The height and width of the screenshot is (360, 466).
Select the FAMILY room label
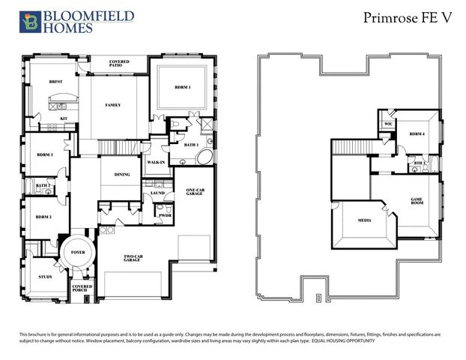click(x=112, y=105)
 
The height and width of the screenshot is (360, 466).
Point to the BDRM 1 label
click(x=183, y=88)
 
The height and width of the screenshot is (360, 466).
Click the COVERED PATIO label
click(x=119, y=64)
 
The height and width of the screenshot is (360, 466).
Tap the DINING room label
click(x=122, y=175)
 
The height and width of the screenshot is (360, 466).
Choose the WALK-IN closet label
click(x=156, y=162)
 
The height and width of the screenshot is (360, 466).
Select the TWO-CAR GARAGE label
click(x=135, y=259)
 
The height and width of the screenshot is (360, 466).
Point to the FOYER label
click(x=78, y=253)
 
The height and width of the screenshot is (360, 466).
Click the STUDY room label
click(x=45, y=277)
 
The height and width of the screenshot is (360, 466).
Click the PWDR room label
click(x=164, y=215)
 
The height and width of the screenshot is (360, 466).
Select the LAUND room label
click(x=157, y=193)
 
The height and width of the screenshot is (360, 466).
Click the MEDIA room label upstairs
click(x=364, y=220)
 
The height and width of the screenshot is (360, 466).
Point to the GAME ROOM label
click(x=417, y=201)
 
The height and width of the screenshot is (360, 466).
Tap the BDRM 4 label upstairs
click(x=417, y=134)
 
